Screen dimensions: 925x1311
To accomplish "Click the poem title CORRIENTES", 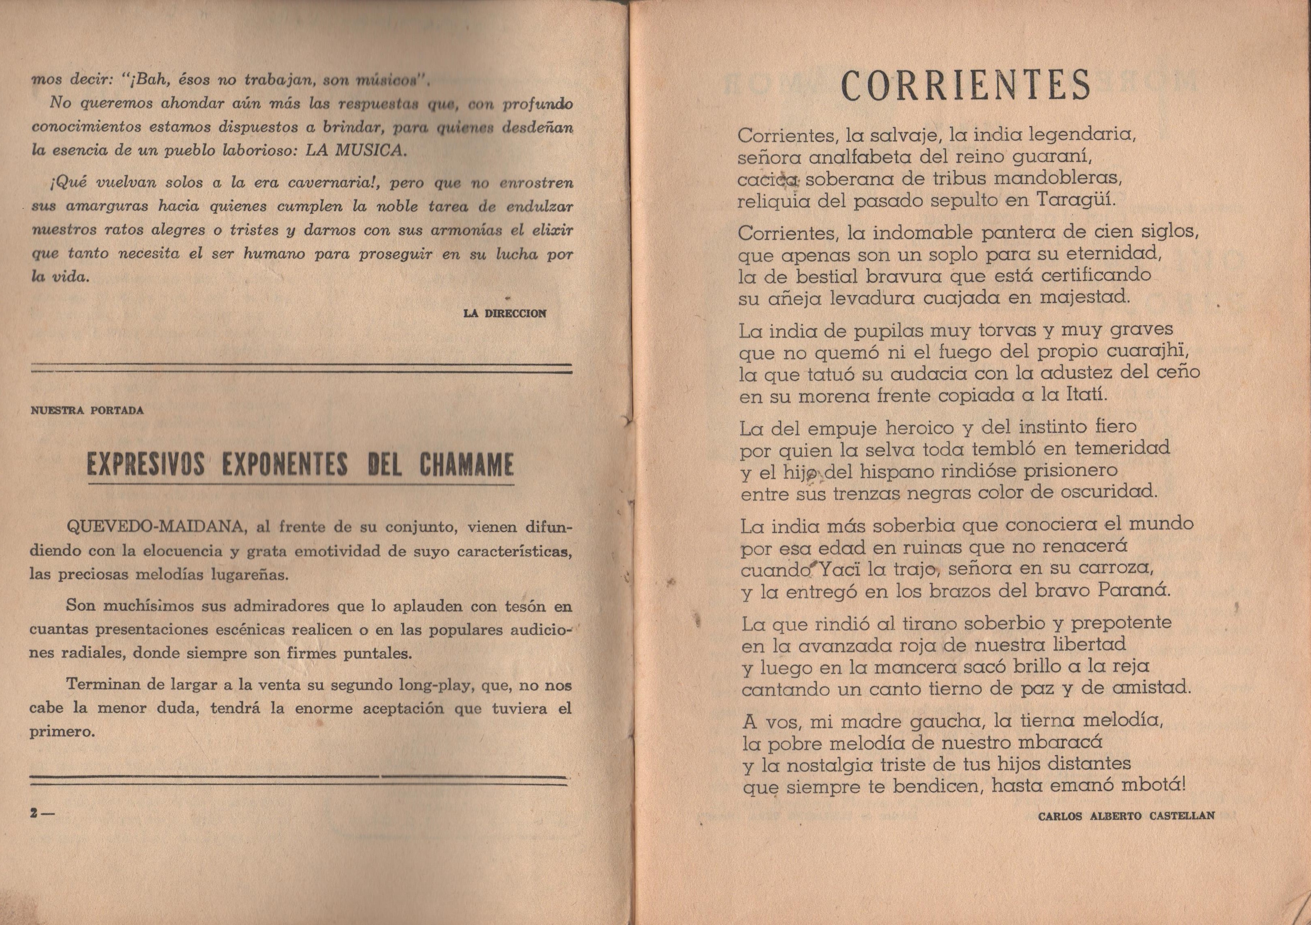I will click(x=966, y=85).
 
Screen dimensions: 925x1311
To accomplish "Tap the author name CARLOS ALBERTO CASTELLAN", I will click(x=1126, y=816).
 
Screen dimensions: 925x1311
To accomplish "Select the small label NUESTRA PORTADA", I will click(x=87, y=410).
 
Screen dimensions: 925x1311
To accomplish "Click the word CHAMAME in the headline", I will click(x=466, y=465).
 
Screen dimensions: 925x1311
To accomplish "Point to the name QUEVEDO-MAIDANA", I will click(x=156, y=527).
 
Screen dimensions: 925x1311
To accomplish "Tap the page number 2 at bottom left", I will click(x=35, y=815).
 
